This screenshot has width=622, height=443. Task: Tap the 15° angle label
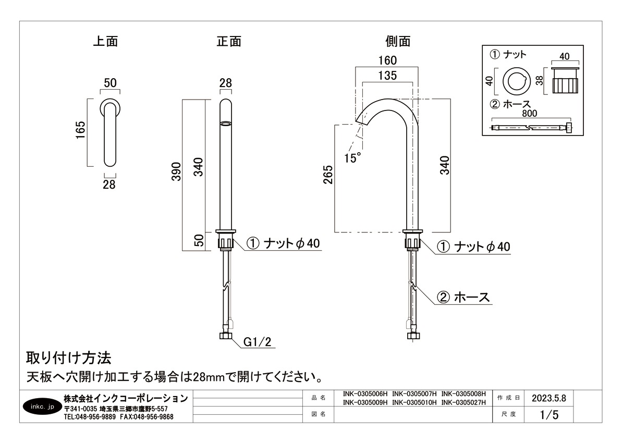point(352,157)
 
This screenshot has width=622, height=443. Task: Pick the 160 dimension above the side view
point(387,60)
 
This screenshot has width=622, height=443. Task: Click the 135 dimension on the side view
point(387,76)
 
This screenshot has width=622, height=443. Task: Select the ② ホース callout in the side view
point(464,297)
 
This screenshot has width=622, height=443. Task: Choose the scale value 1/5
point(549,415)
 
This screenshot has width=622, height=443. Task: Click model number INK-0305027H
point(464,402)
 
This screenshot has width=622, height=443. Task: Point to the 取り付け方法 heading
point(68,358)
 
